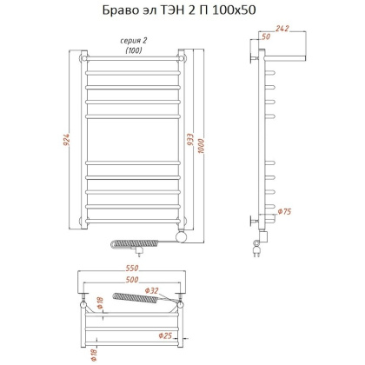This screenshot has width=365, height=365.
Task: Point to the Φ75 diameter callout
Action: (283, 213)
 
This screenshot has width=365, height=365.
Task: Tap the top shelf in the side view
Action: (282, 57)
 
